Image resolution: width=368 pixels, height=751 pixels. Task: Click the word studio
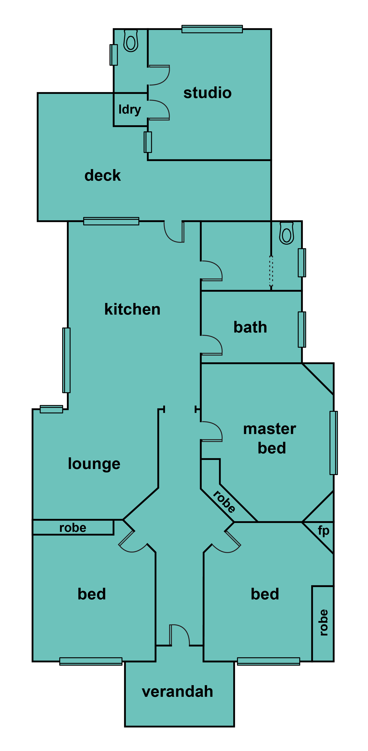(207, 93)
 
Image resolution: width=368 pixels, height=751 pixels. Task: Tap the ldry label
(130, 110)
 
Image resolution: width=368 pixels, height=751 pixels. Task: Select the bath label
(250, 327)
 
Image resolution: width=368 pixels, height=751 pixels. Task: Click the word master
(270, 429)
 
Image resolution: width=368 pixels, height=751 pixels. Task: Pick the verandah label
(177, 692)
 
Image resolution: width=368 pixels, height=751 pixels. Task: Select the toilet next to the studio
(131, 41)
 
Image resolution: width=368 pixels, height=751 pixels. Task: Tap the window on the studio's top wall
(212, 29)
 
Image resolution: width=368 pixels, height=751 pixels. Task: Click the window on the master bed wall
(334, 443)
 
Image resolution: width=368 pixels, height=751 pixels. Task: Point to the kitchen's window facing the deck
(111, 221)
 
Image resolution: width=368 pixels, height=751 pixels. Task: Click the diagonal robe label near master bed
(224, 501)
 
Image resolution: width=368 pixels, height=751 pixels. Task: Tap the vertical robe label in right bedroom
(323, 623)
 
